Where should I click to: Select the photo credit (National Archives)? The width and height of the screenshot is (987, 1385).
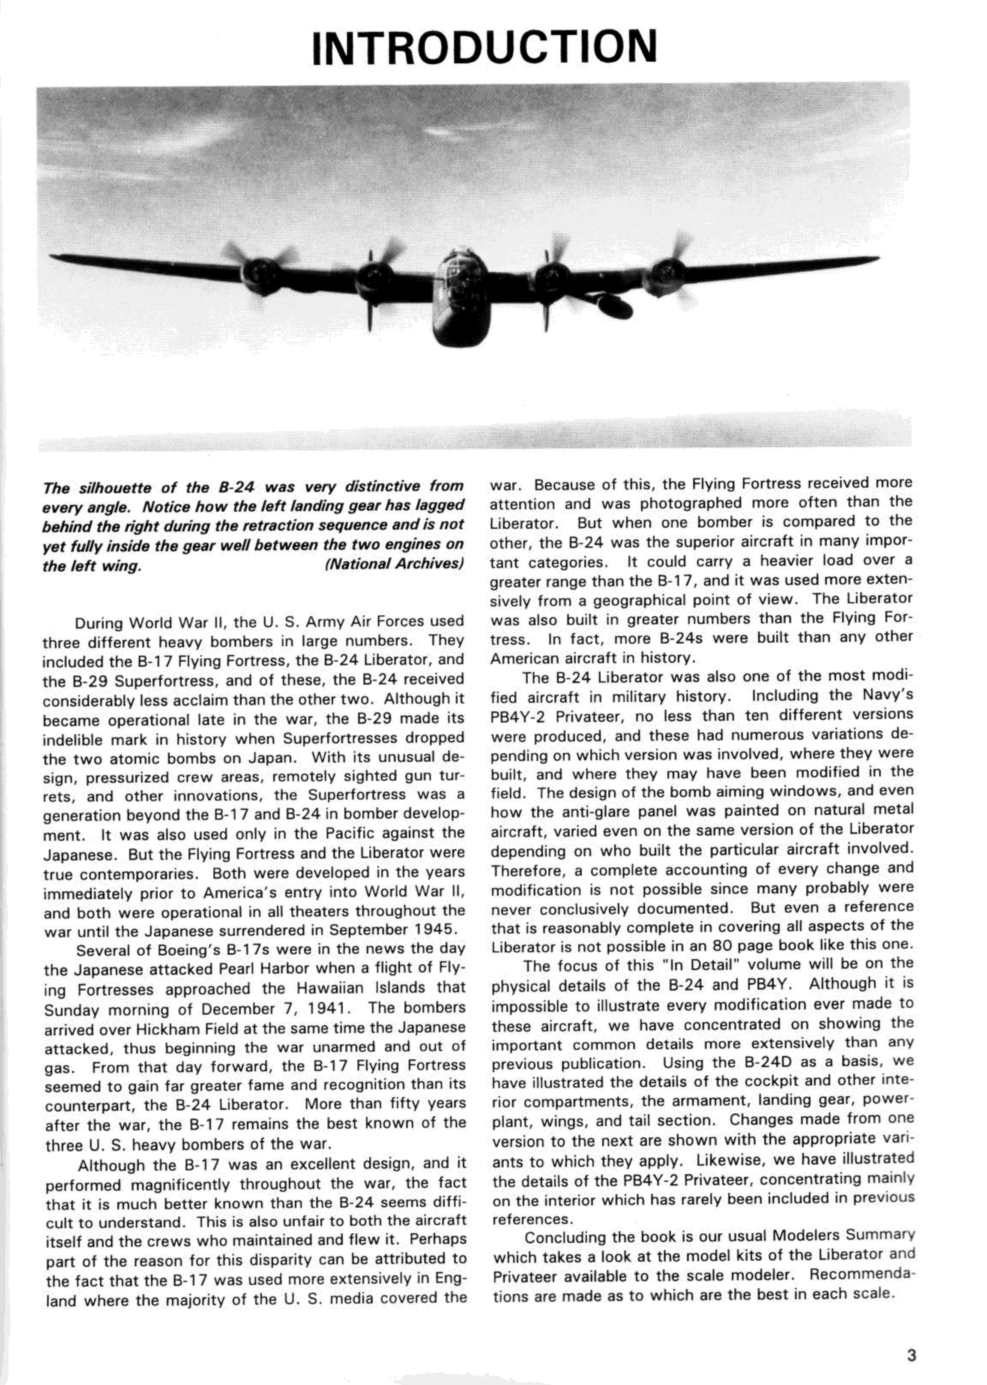coord(395,564)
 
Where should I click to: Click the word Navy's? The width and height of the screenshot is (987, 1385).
coord(887,695)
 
